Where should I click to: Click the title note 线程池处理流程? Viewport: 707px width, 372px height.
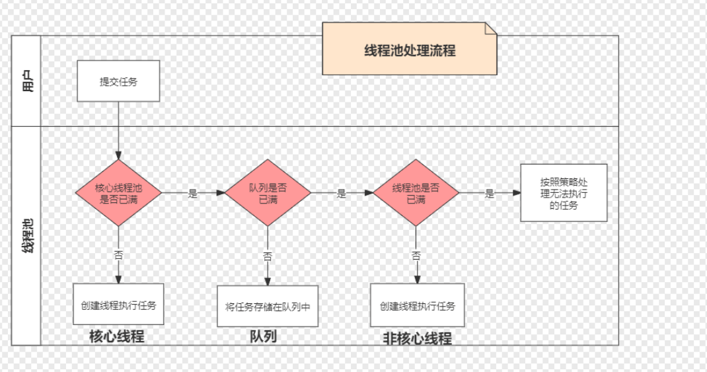[410, 50]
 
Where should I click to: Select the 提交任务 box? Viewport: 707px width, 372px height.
[118, 81]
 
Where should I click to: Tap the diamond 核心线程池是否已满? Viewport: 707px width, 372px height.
[118, 193]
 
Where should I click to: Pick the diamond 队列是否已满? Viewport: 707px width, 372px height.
[268, 193]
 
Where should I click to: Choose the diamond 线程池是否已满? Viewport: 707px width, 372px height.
[416, 193]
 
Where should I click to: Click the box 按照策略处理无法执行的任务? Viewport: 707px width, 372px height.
[564, 193]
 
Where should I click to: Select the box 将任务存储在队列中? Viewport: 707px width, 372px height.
[268, 306]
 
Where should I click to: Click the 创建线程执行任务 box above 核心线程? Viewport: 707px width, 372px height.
[118, 306]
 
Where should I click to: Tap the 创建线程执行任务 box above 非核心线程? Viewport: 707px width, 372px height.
[417, 306]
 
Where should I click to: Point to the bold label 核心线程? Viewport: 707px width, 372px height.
[117, 336]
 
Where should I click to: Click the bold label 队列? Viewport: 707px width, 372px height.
[263, 336]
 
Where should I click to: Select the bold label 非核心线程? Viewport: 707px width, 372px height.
[418, 338]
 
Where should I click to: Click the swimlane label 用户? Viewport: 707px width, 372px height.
[27, 81]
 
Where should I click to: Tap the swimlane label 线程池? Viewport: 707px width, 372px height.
[27, 237]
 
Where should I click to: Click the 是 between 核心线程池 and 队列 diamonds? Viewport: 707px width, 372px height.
[193, 194]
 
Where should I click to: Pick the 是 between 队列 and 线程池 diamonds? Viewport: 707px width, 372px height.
[341, 194]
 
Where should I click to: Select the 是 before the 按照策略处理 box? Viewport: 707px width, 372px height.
[490, 194]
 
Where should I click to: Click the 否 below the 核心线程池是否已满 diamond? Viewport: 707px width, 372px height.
[119, 254]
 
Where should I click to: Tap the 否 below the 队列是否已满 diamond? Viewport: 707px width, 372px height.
[268, 256]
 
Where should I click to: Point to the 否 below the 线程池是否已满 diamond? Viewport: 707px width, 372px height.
[416, 255]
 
